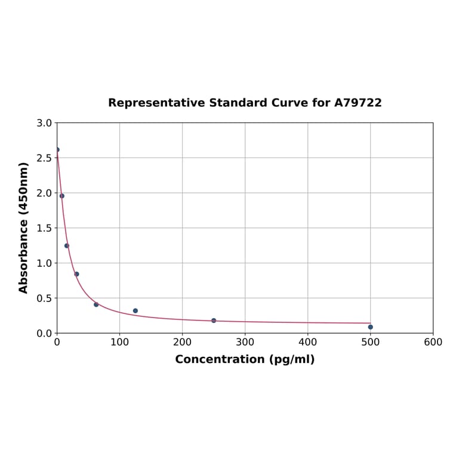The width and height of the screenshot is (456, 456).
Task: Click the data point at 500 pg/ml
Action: tap(371, 327)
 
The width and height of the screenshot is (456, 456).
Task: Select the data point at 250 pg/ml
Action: tap(214, 321)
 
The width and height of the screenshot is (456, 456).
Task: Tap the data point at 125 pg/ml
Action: tap(135, 311)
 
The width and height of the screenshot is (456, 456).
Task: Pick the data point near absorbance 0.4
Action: tap(96, 304)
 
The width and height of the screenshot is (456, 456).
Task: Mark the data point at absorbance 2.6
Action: tap(57, 150)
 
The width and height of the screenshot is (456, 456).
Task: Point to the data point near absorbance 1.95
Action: tap(62, 196)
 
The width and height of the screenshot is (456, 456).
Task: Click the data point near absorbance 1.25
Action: tap(67, 246)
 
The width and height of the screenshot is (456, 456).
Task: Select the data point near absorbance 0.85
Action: tap(76, 274)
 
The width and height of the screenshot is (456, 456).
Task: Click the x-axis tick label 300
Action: tap(245, 343)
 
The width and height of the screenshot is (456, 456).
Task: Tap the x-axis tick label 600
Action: tap(433, 343)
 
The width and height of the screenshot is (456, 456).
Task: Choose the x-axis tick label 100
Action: tap(119, 343)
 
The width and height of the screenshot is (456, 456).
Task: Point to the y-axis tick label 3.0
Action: tap(44, 124)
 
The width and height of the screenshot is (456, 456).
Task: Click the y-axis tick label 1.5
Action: tap(44, 228)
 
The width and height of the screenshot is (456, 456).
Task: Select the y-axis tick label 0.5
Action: tap(44, 298)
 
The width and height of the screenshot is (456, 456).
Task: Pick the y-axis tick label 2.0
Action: tap(44, 193)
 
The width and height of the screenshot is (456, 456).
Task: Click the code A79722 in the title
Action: tap(358, 103)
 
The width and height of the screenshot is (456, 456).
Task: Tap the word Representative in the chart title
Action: tap(156, 103)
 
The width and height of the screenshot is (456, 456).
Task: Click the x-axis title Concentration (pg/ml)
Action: tap(245, 360)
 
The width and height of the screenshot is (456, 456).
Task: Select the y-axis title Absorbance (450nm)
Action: tap(24, 227)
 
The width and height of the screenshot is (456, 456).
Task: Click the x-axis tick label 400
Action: tap(307, 343)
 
